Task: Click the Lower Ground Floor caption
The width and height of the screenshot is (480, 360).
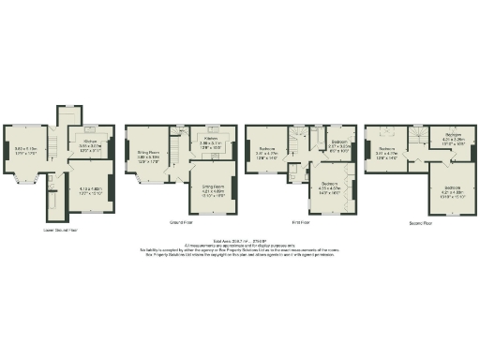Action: pos(60,229)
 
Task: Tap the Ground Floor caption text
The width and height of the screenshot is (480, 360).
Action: pos(181,223)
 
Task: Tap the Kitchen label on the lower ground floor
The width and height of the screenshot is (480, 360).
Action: pos(90,142)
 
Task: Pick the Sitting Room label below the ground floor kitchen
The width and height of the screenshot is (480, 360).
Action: pos(213,186)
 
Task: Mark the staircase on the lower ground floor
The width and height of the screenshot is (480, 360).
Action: pos(55,145)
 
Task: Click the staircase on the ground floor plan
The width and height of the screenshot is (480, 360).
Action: pos(178,141)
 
